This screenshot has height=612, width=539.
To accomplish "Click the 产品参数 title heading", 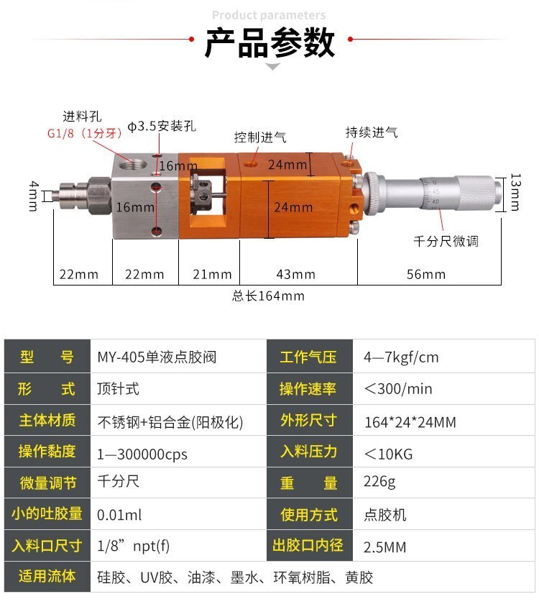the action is coord(269,42).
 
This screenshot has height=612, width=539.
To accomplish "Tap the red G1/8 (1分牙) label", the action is coord(84,134).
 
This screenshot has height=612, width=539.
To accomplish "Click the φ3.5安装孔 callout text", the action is coord(162,126).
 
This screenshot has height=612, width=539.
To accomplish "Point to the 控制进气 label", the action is coord(260,137).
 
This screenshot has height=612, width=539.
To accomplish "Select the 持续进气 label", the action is coord(372,132).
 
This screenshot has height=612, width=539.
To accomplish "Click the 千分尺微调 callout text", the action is coord(446,241).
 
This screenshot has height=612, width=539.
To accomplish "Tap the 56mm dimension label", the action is coord(426,275).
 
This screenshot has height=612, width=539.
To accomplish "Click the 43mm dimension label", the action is coord(295,275).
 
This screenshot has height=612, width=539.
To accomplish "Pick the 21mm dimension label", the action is coord(212,275).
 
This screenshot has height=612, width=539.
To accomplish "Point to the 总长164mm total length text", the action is coord(268,296).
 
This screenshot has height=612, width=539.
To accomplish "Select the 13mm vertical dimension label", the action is coord(515,192).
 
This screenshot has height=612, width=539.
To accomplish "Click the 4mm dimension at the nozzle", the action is coord(34,196).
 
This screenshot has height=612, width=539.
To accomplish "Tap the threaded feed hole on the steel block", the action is coord(132,165).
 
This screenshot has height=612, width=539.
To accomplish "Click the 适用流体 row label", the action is coord(47,577).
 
